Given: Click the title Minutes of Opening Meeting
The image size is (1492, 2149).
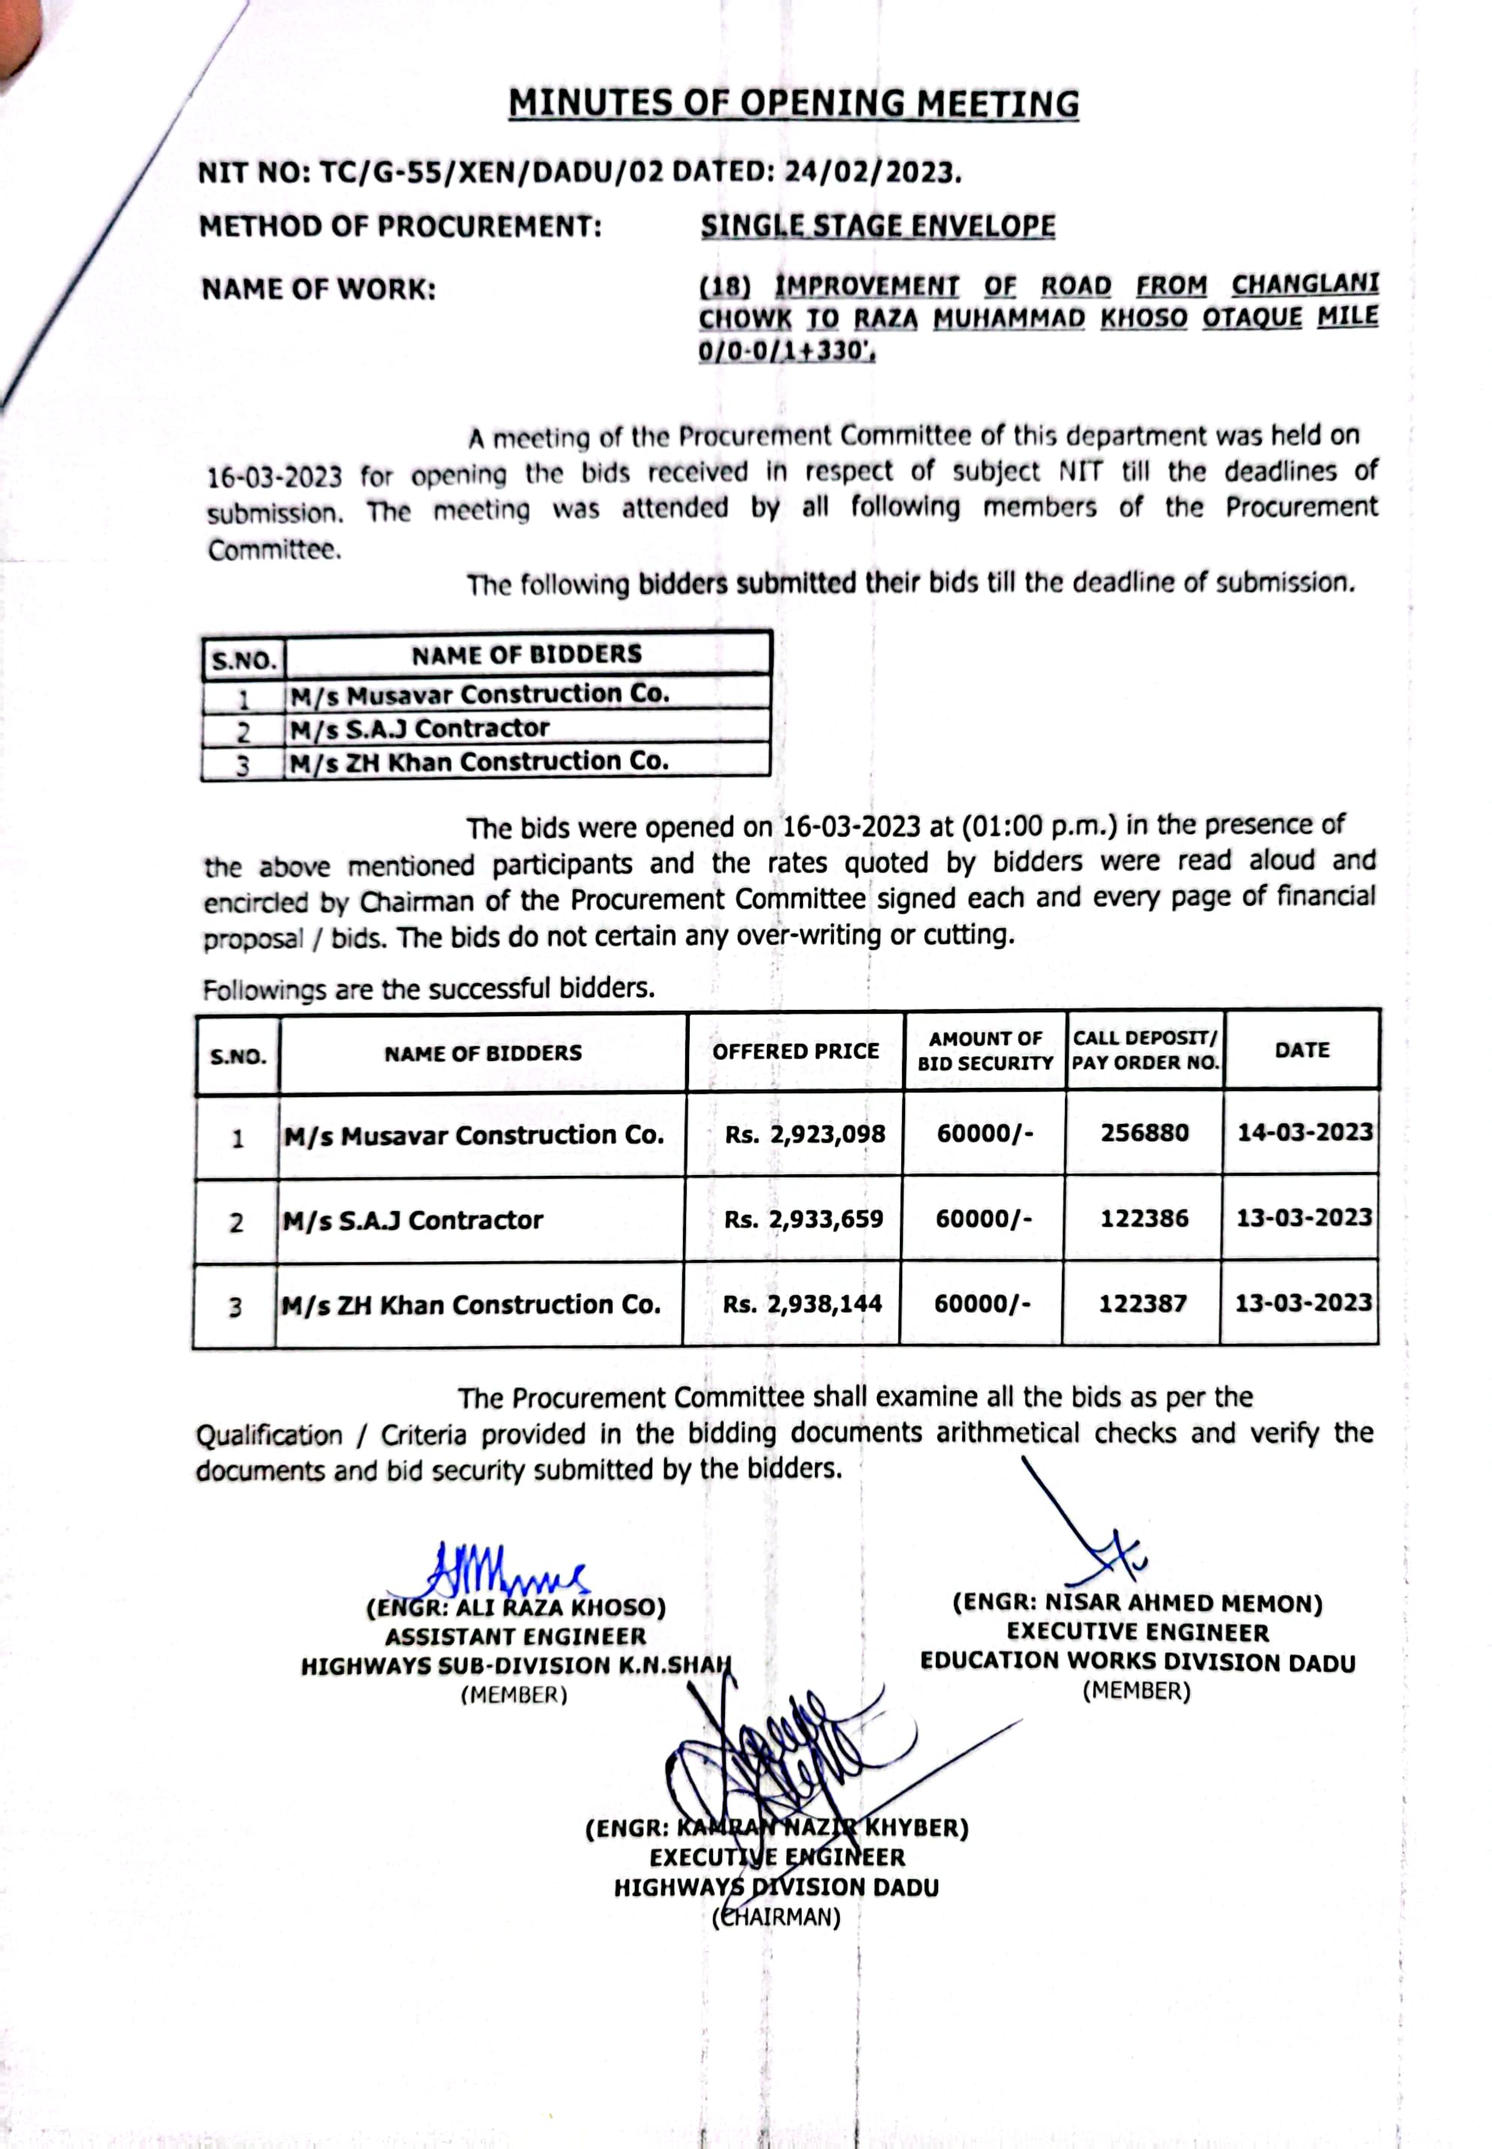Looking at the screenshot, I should pos(794,104).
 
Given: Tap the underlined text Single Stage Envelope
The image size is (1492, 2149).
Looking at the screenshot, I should pos(878,226).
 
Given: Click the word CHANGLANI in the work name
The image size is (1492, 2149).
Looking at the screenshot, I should pos(1305,284).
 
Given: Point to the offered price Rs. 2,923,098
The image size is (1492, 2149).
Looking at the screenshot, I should pos(805,1135).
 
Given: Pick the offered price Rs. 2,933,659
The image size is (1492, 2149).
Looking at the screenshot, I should pos(804,1219).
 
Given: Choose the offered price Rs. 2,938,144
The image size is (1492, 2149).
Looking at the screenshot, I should pos(802,1304).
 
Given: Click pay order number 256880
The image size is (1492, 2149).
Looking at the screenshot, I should pos(1145,1133).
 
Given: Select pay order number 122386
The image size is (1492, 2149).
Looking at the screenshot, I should pos(1145,1218).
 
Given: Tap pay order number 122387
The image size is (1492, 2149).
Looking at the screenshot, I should pos(1142,1303).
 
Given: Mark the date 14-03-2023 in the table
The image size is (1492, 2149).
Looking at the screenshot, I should pos(1305,1132).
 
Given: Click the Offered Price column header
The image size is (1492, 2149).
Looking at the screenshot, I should pos(796,1051).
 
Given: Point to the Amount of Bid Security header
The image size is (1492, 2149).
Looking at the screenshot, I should pos(985,1050).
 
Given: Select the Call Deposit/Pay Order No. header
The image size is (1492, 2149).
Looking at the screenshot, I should pos(1145,1050).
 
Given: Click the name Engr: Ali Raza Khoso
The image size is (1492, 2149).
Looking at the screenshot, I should pos(516,1609).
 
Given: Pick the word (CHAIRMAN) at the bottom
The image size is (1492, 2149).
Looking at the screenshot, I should pos(777,1918).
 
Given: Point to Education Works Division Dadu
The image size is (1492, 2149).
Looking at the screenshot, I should pos(1138,1662).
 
